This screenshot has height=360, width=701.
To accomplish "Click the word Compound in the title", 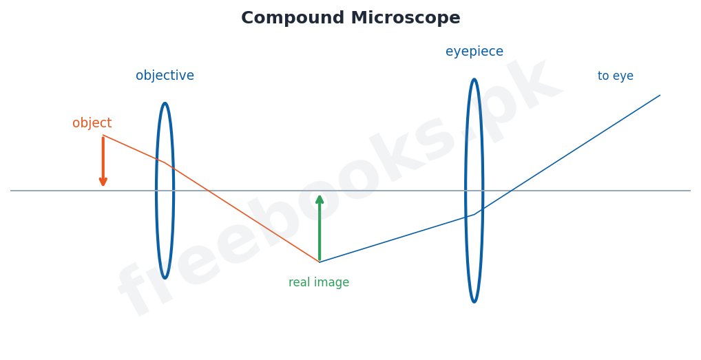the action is point(293,19).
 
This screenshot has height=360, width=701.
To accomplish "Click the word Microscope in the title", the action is point(406,19).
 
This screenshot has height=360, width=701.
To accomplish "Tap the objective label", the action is point(165,76).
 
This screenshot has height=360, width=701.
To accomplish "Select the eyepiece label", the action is point(474,52).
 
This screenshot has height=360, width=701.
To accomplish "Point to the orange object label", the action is point(92,123).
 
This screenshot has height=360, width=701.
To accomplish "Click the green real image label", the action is point(319,283).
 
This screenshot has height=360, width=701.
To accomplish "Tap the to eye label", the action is point(616,76).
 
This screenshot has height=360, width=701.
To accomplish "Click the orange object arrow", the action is point(103,161).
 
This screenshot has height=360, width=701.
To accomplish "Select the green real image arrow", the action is point(320,229).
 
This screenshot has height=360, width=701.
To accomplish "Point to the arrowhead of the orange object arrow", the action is point(103,182).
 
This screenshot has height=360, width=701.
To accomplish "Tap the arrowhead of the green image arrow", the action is point(320,199).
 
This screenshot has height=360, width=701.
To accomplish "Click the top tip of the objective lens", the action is point(165,103).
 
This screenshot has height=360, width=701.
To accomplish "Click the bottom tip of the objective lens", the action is point(165,278).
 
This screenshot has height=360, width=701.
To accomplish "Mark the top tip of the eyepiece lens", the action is point(474,80).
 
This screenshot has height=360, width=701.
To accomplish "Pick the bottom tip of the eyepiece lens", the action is point(474,302).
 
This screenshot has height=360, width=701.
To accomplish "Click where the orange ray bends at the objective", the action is point(165,163).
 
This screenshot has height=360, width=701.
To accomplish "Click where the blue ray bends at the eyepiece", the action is point(474,214).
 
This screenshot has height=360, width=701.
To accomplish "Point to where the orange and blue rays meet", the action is point(320,262).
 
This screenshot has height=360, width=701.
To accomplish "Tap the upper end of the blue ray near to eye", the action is point(660,95).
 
